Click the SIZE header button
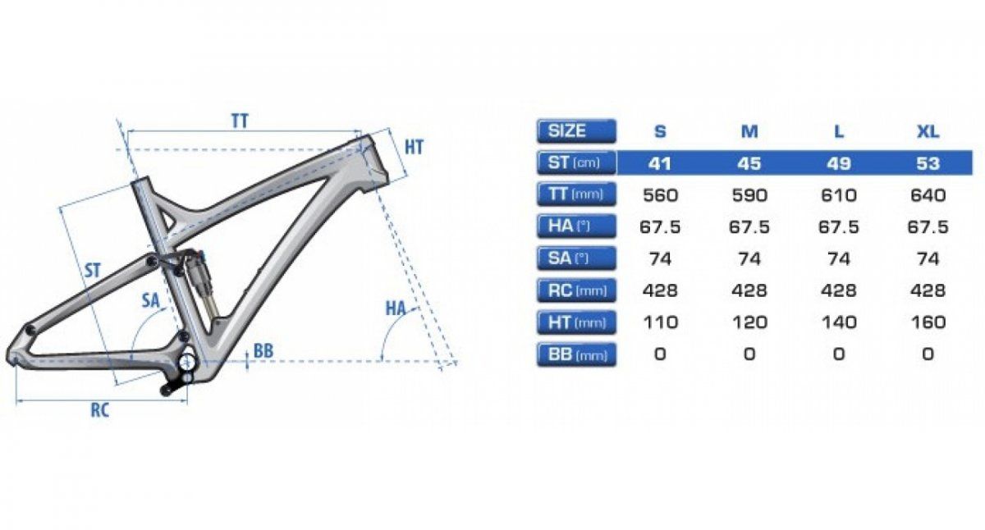pos(576,131)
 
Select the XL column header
pos(928,132)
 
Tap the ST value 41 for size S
pos(660,163)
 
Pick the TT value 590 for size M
pos(749,195)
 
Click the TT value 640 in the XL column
pos(928,195)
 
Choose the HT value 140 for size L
pos(839,322)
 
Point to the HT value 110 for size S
pos(660,322)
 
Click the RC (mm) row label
pos(576,290)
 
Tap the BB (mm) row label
pos(576,354)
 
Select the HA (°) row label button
pos(576,226)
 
